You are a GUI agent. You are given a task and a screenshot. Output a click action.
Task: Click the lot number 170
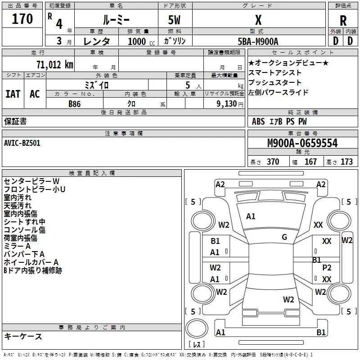click(22, 18)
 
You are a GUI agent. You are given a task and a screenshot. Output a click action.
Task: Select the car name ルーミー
click(116, 20)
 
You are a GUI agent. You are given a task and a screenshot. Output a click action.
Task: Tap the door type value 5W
click(174, 20)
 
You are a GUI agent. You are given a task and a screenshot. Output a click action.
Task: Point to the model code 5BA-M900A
click(258, 41)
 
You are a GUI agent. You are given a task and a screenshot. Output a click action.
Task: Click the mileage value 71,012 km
click(55, 65)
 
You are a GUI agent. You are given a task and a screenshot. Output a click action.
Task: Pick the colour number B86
click(74, 104)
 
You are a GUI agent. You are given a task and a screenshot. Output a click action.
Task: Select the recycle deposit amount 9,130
click(226, 104)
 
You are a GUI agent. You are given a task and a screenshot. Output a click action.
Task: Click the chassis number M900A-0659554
click(302, 143)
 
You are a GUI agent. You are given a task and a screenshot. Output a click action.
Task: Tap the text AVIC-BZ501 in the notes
click(22, 143)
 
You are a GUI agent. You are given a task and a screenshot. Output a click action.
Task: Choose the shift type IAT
click(13, 94)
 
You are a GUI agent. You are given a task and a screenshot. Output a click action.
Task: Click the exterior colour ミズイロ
click(96, 85)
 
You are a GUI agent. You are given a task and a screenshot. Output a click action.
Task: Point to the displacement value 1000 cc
click(141, 41)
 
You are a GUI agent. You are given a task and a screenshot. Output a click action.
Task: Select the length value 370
click(273, 162)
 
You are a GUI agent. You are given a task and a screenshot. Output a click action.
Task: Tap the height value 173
click(346, 162)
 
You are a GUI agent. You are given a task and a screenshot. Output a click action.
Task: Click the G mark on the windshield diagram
click(284, 237)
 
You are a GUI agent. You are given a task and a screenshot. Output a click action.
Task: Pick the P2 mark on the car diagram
click(327, 267)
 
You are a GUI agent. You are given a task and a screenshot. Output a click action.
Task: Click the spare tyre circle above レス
click(197, 328)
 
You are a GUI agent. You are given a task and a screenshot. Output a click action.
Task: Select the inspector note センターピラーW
click(31, 181)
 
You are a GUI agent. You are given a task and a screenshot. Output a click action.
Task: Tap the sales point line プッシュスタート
click(274, 82)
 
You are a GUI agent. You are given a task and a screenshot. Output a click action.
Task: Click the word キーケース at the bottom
click(23, 336)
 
